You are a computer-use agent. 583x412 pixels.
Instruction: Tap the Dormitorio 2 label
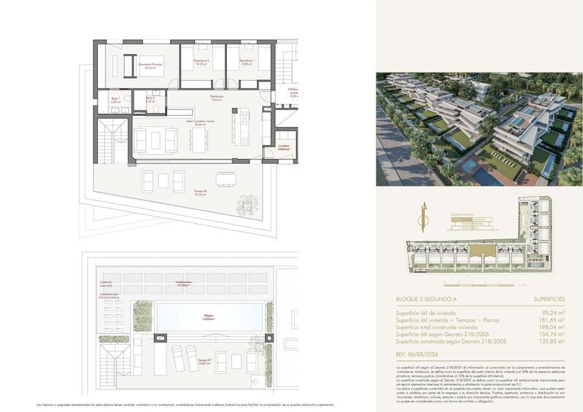click(x=201, y=62)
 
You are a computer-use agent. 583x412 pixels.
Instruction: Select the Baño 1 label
click(x=115, y=99)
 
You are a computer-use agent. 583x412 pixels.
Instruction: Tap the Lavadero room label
click(x=285, y=147)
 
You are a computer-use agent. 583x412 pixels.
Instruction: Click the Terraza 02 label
click(x=201, y=193)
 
